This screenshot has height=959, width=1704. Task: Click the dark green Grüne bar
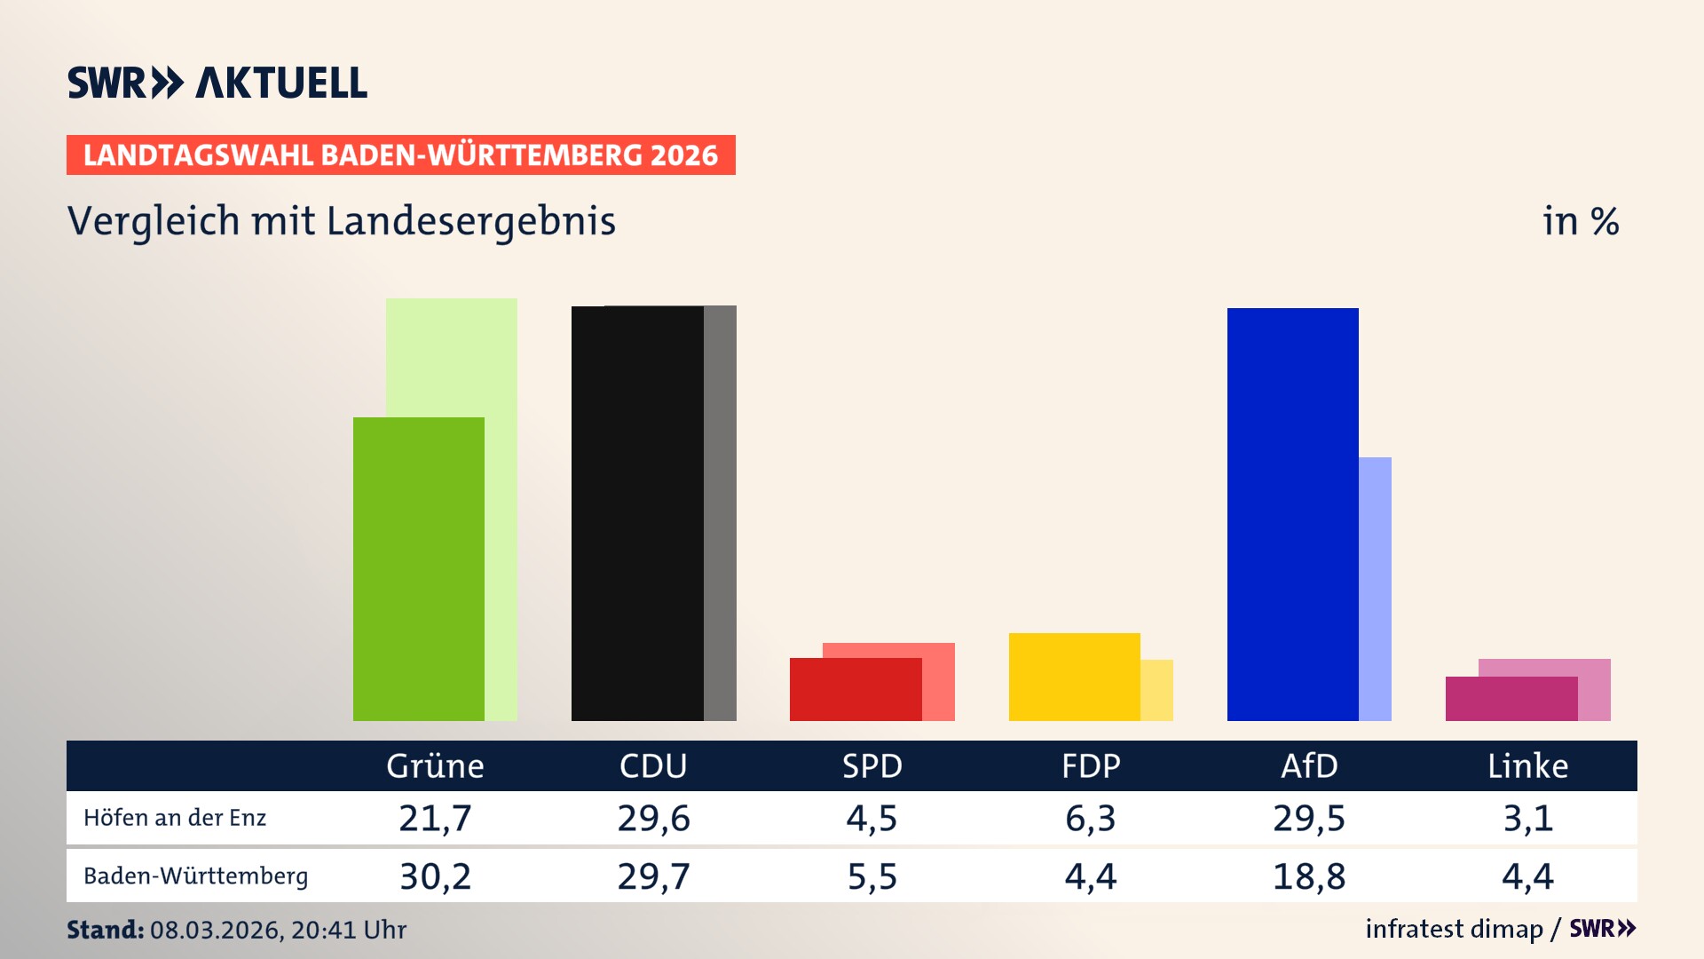point(418,568)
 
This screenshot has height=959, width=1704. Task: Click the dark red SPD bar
point(855,690)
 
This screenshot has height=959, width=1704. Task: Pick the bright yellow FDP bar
point(1074,677)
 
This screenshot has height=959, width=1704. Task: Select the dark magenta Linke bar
point(1511,699)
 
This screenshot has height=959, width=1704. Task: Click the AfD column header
point(1309,765)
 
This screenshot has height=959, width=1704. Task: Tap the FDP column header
point(1091,765)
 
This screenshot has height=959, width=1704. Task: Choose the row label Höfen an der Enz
point(175,818)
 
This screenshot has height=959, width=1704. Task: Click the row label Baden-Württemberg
point(195,876)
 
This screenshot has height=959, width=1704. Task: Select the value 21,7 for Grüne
point(435,818)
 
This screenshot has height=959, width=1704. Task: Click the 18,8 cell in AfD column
point(1309,876)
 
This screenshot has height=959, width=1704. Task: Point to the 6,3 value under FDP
point(1091,818)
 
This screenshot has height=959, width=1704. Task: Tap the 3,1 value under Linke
point(1527,818)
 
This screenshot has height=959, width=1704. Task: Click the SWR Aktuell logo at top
point(217,83)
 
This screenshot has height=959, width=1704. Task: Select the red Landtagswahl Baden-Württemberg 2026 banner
point(400,155)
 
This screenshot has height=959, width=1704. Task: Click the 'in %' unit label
point(1581,221)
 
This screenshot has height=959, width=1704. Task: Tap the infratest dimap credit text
point(1454,929)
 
